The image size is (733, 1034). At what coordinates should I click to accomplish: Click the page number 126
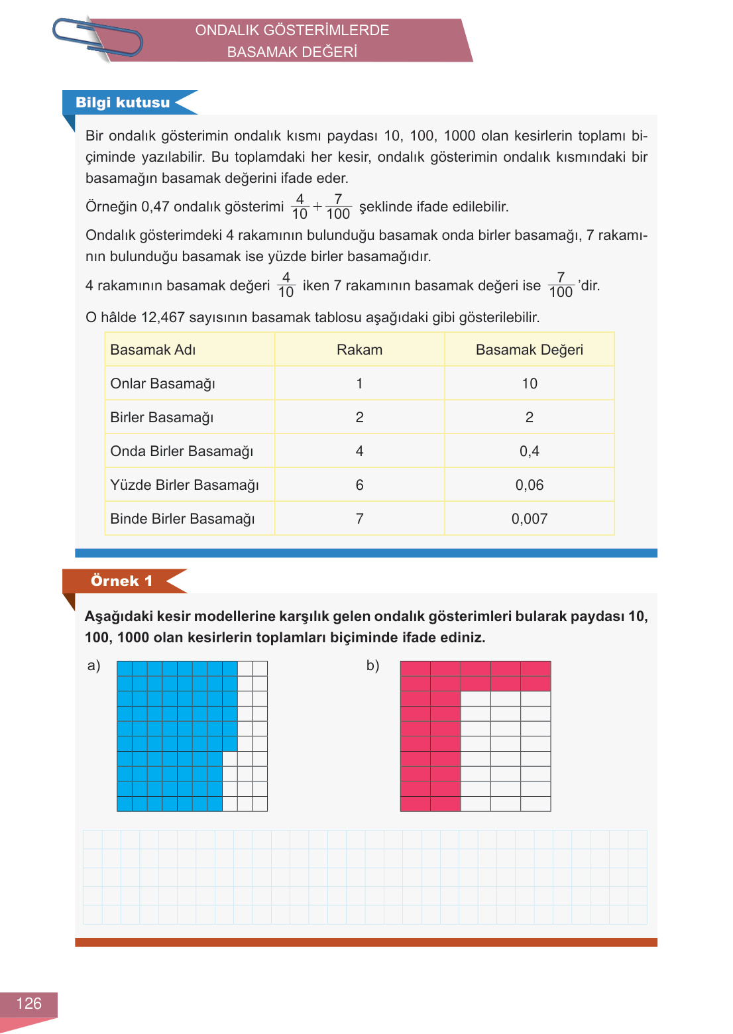point(28,1004)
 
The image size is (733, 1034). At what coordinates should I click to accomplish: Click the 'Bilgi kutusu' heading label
point(123,103)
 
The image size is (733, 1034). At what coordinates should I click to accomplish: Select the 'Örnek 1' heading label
point(121,581)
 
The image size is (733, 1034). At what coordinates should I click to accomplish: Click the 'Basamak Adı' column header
point(153,350)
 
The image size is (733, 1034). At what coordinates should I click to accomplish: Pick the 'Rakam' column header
point(359,350)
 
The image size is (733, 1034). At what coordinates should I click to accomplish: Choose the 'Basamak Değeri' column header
point(529,350)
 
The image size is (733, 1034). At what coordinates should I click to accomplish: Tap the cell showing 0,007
point(529,519)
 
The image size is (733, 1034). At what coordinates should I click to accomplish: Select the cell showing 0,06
point(529,485)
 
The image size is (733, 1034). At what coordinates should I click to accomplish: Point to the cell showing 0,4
point(529,451)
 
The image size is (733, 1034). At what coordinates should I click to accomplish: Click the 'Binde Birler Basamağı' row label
point(183,519)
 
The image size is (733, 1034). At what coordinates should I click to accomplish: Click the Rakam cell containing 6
point(359,485)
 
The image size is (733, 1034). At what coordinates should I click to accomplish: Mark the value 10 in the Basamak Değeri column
point(529,384)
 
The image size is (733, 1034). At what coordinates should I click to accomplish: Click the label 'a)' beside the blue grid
point(93,665)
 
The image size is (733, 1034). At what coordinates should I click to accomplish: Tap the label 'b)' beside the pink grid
point(372,665)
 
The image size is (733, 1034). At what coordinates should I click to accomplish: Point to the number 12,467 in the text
point(163,317)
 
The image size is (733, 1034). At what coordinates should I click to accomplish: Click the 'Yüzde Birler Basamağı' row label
point(185,485)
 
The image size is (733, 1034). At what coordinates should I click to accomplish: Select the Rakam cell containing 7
point(359,519)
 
